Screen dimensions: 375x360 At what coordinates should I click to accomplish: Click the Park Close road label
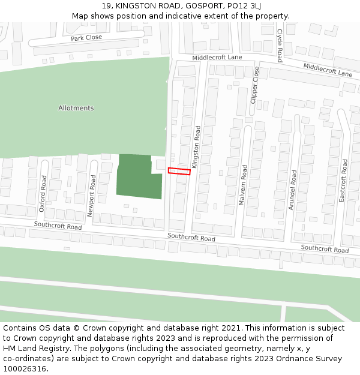[x=86, y=38]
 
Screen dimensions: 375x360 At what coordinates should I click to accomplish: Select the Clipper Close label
[x=255, y=85]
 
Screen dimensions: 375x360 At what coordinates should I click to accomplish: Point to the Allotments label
[x=76, y=108]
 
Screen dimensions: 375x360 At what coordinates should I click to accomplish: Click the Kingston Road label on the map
[x=196, y=147]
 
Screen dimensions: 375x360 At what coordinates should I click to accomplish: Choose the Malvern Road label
[x=244, y=185]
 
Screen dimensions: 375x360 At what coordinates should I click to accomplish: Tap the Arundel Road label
[x=293, y=190]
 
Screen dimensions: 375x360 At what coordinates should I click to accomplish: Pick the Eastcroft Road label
[x=344, y=180]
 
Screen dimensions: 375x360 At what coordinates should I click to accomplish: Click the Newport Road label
[x=92, y=196]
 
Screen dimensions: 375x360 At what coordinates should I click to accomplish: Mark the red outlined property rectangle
[x=179, y=172]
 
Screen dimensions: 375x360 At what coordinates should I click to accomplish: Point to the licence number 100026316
[x=25, y=368]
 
